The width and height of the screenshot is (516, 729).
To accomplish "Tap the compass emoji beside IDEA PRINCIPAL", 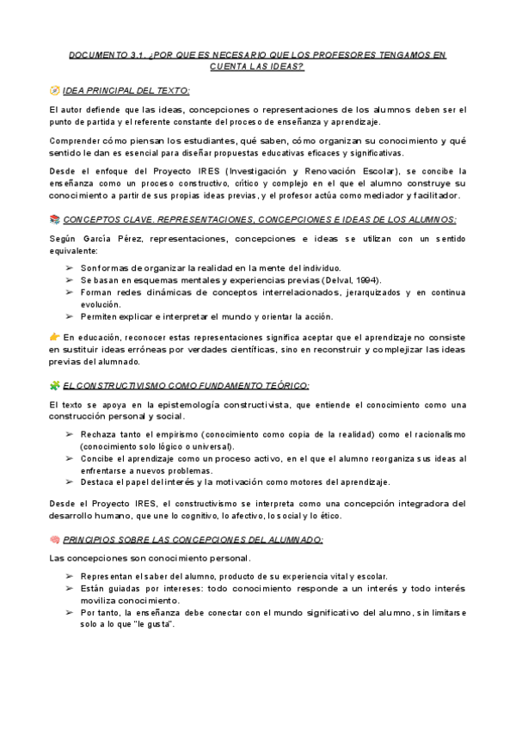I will click(x=55, y=89).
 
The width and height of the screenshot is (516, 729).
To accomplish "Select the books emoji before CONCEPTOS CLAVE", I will click(x=55, y=219).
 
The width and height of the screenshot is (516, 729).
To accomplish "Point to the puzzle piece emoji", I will click(x=55, y=386).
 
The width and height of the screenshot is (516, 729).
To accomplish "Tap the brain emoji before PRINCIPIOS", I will click(x=55, y=539).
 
